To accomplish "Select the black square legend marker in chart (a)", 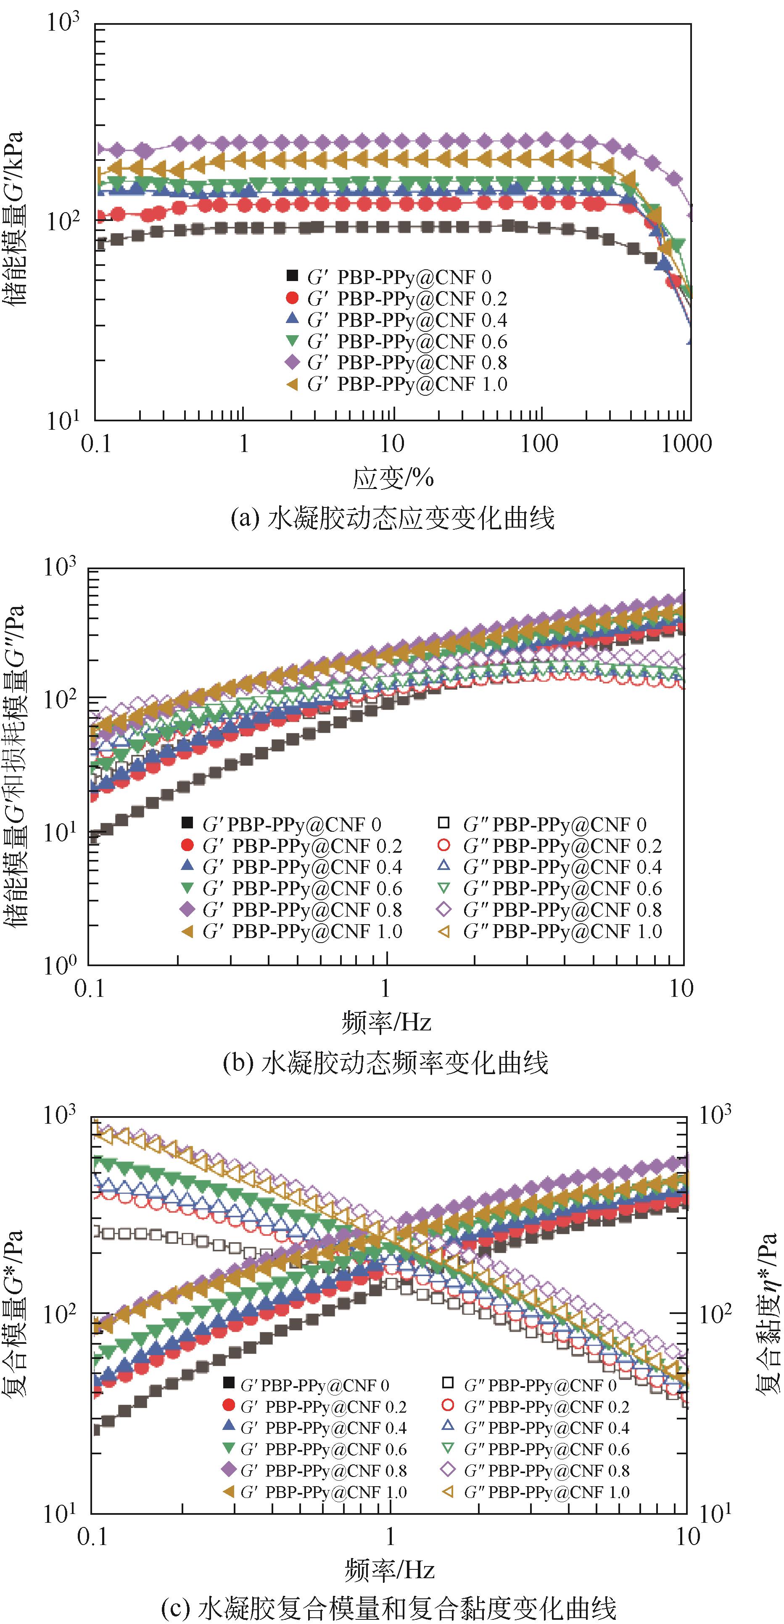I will coord(291,276).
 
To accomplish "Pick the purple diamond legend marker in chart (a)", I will coord(291,362).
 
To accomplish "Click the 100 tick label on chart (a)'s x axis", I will coord(539,444).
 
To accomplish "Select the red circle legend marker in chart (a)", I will coord(291,297).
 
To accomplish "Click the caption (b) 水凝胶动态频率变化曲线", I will coord(386,1063).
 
